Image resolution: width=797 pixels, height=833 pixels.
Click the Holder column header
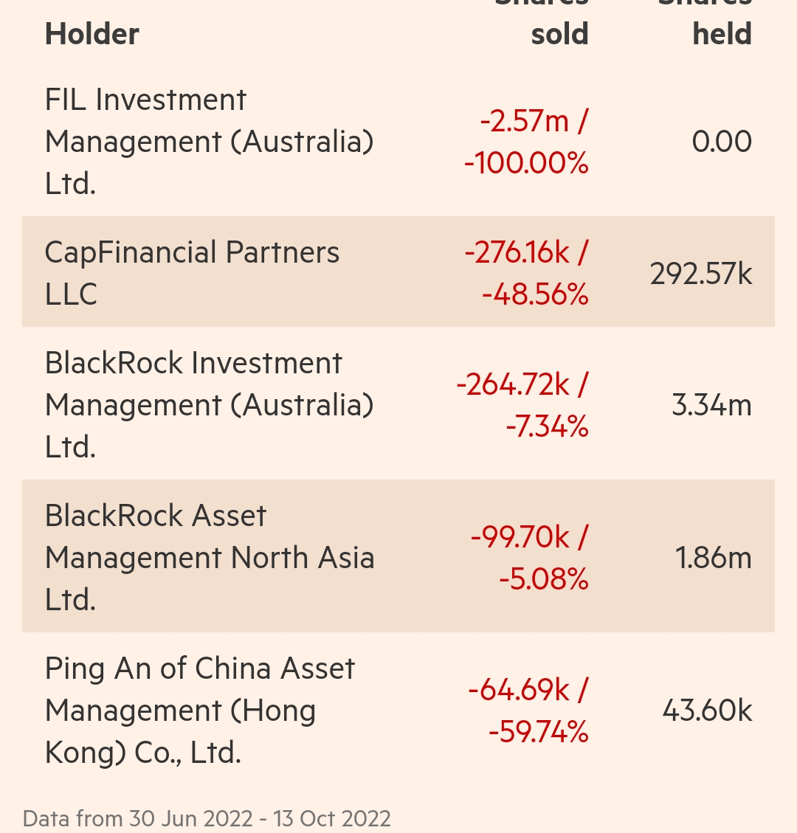pos(92,35)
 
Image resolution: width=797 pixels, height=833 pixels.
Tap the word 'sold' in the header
pos(559,35)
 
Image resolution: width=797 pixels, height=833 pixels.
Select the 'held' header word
pos(722,35)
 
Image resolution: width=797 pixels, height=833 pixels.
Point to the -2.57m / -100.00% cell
pos(526,142)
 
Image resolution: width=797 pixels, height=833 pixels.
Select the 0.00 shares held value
pos(722,142)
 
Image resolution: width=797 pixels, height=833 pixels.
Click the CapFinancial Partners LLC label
pos(192,273)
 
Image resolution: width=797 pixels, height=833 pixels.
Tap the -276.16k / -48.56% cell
pos(526,273)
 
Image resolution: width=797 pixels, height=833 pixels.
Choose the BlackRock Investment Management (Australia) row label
pos(209,405)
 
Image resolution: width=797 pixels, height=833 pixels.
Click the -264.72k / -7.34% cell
pos(522,405)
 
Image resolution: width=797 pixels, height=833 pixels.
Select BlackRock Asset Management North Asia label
pos(210,558)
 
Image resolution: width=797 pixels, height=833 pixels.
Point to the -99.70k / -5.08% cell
pos(529,558)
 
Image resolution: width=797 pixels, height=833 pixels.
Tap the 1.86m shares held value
pos(714,559)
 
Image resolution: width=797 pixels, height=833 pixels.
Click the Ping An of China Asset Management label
pos(200,711)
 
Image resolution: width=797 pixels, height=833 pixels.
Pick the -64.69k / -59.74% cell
pos(528,711)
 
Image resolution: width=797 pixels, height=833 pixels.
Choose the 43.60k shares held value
pos(707,711)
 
